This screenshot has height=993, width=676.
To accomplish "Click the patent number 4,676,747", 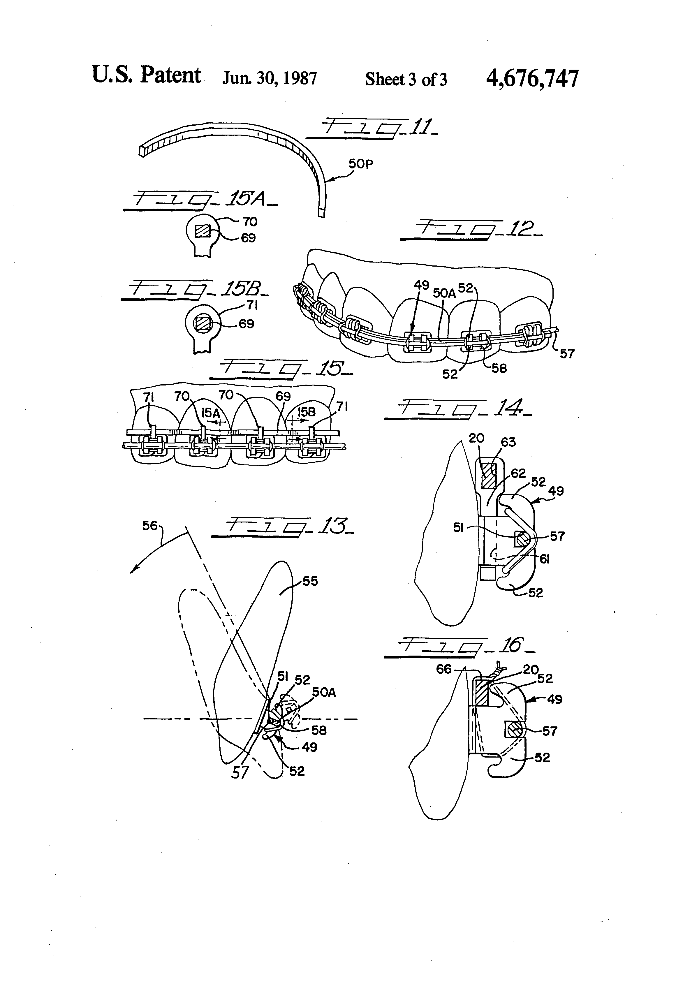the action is [532, 79].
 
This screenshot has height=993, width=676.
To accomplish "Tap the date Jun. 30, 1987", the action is [269, 79].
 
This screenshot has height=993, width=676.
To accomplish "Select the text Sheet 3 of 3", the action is [406, 80].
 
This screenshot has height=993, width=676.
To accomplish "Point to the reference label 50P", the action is [361, 164].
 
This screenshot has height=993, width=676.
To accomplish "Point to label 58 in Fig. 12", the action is [499, 368].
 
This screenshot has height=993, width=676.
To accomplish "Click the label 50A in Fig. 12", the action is [444, 293].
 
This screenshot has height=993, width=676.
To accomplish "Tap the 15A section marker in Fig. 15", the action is [211, 413].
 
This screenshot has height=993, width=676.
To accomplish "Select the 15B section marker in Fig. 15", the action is [306, 412].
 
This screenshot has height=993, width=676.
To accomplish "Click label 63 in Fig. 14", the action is [508, 442].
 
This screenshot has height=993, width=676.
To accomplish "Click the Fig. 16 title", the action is [459, 647].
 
